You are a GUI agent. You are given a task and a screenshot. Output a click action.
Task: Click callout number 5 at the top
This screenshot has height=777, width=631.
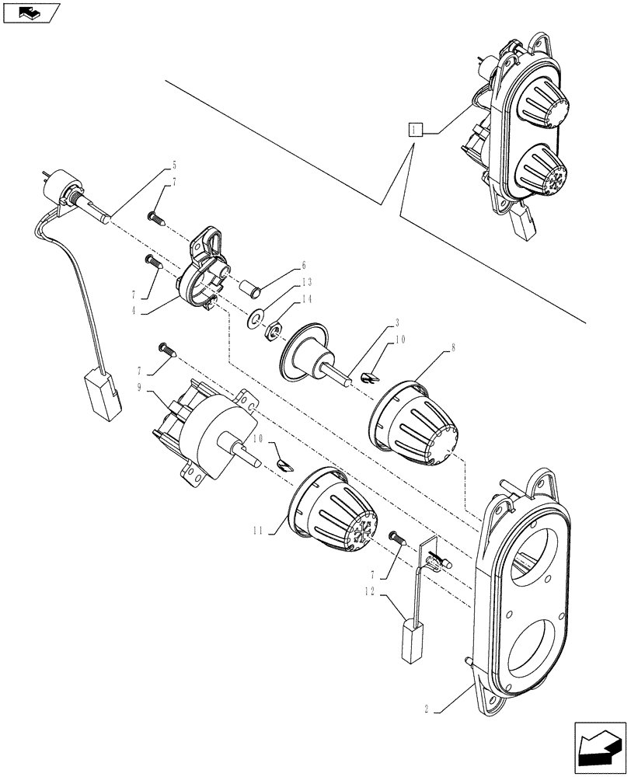pyautogui.click(x=174, y=165)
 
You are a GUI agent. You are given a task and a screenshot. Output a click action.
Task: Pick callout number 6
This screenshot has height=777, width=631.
pyautogui.click(x=304, y=264)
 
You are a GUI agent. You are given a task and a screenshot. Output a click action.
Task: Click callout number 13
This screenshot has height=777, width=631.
pyautogui.click(x=307, y=281)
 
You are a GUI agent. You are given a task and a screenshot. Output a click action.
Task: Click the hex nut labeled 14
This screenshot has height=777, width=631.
pyautogui.click(x=273, y=332)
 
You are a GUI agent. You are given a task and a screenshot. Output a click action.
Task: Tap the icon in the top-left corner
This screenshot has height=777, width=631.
pyautogui.click(x=30, y=12)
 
